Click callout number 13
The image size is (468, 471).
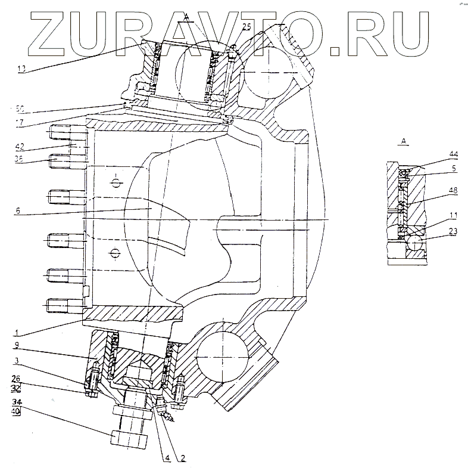(22, 69)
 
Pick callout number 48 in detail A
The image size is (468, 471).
(454, 191)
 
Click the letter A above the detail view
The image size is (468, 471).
(404, 141)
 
